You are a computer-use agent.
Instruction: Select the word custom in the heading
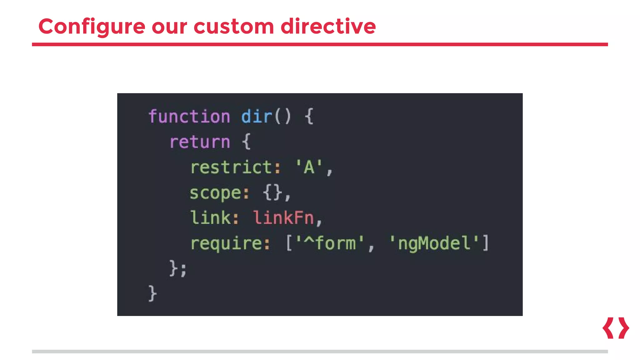233,27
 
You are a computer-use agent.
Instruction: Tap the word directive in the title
328,27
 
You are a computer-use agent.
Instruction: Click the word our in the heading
169,27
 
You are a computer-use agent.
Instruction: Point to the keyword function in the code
189,117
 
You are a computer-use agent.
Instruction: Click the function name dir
257,117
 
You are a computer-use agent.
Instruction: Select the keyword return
200,142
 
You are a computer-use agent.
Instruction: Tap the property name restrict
231,167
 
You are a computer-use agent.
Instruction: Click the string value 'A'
309,167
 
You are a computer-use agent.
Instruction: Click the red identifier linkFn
283,218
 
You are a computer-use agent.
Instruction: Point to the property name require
226,243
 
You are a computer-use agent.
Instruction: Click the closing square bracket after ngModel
486,243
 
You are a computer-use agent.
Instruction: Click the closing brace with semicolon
178,268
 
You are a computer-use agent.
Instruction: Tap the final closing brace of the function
152,293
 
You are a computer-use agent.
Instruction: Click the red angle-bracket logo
616,328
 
